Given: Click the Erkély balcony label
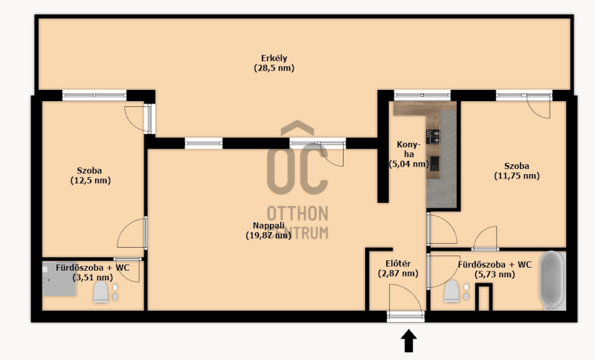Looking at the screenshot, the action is tap(274, 59).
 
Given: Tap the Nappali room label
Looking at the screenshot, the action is tap(268, 225).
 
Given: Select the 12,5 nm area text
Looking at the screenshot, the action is tap(91, 181).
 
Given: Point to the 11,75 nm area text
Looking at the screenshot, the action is tap(517, 176).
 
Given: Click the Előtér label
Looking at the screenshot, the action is tap(398, 263).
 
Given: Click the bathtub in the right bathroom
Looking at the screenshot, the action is tap(552, 280).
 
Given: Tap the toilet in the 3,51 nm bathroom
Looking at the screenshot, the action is tap(101, 292).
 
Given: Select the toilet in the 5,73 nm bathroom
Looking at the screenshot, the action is tap(452, 292).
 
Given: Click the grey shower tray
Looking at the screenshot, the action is tap(59, 279).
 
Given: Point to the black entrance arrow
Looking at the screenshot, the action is tap(408, 341).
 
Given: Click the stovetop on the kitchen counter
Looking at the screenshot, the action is tap(433, 137).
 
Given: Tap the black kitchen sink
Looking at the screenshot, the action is tap(434, 164).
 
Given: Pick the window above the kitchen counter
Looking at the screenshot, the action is tap(422, 95).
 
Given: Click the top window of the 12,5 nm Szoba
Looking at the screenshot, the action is tap(94, 95).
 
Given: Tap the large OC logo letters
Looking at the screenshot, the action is tap(297, 169).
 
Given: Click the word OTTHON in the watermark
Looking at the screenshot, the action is tap(297, 213).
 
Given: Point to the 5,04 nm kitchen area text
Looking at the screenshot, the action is tap(408, 164).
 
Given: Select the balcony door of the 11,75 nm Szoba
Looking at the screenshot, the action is tap(538, 107).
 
